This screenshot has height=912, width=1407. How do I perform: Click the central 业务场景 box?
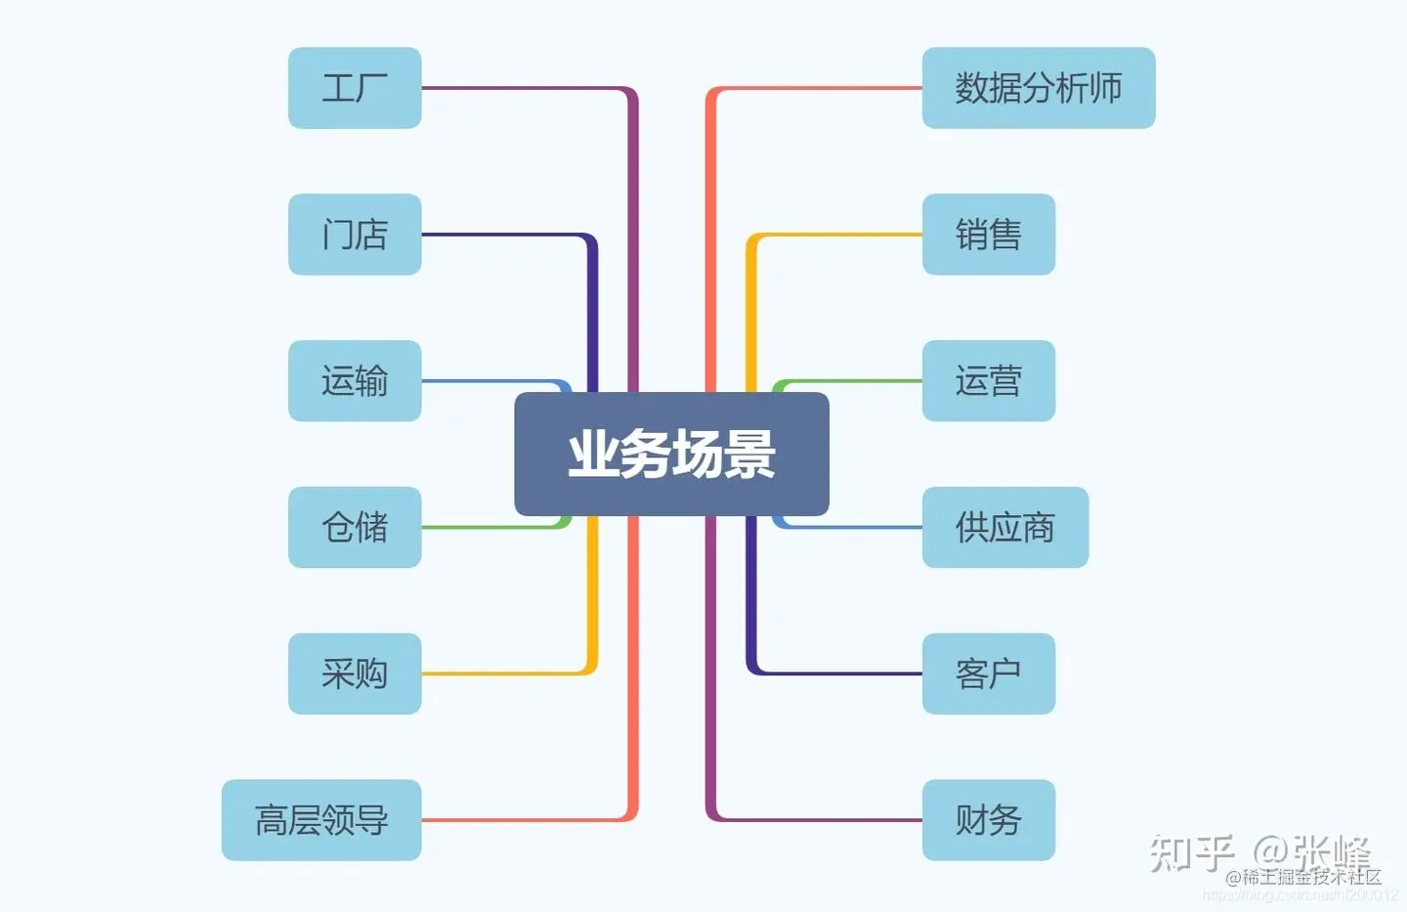[x=671, y=454]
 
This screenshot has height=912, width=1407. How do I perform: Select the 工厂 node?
[x=355, y=88]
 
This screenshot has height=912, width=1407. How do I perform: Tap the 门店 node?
[x=355, y=235]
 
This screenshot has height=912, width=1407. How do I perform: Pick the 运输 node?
[x=355, y=381]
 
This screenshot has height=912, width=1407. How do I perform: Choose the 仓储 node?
[x=355, y=527]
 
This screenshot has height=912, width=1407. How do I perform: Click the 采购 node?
[x=355, y=673]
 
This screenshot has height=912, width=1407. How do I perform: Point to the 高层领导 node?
[x=321, y=820]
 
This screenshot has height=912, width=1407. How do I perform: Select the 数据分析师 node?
[x=1038, y=88]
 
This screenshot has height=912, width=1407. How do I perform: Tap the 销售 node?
[x=988, y=235]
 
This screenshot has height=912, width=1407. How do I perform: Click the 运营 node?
[x=988, y=381]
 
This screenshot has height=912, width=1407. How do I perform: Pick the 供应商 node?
[x=1004, y=527]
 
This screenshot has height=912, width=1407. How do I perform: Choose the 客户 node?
[x=988, y=673]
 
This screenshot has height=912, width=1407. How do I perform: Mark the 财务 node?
[x=988, y=820]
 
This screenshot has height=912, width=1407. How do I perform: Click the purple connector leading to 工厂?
[x=528, y=89]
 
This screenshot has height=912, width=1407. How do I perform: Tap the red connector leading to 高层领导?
[x=528, y=819]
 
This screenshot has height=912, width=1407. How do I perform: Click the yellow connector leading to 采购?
[x=508, y=673]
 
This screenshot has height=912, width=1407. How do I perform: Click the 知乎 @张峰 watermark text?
[x=1260, y=852]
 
